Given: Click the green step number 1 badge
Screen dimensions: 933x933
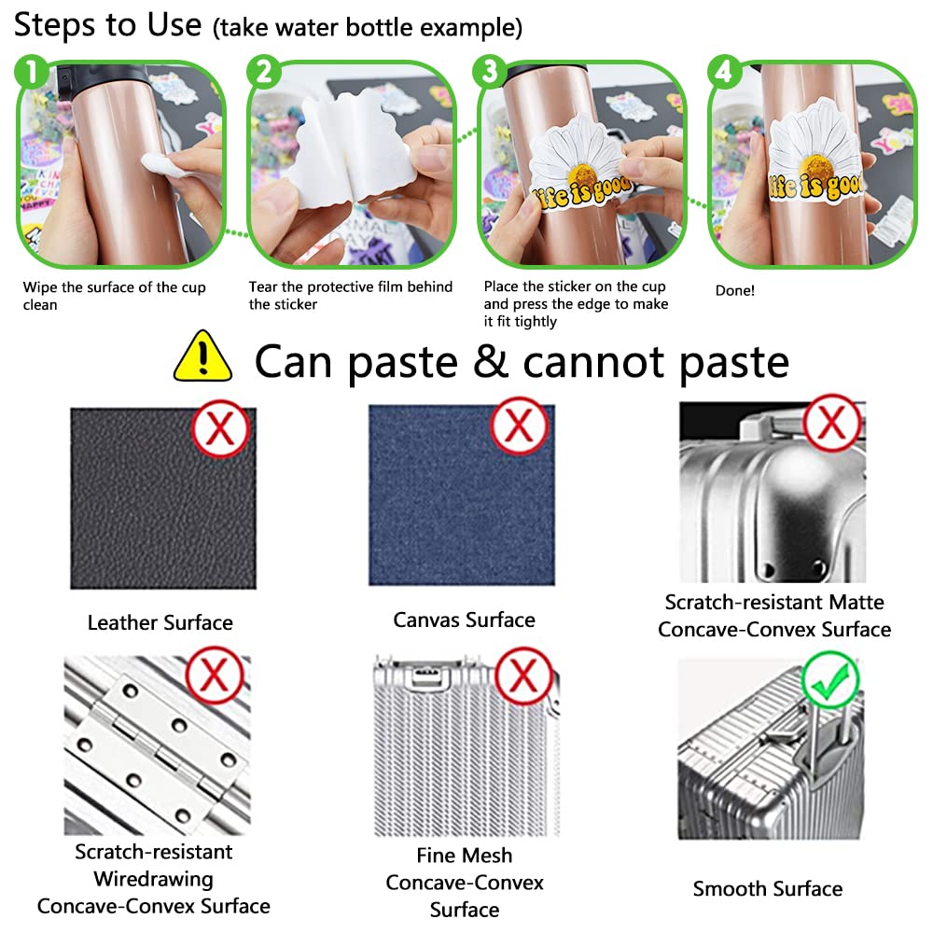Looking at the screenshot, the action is pyautogui.click(x=32, y=72).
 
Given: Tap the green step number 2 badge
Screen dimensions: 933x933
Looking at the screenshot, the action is pyautogui.click(x=264, y=72).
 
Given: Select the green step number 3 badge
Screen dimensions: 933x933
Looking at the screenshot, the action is pyautogui.click(x=490, y=72).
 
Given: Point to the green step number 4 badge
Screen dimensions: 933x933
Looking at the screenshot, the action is pyautogui.click(x=725, y=72).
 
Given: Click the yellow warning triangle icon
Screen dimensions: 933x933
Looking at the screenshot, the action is pyautogui.click(x=202, y=357).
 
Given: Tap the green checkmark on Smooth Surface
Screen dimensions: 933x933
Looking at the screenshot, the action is pyautogui.click(x=830, y=679).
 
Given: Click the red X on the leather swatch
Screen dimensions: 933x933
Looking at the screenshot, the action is pyautogui.click(x=221, y=428).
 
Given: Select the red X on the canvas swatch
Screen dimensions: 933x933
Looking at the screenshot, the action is pyautogui.click(x=519, y=426).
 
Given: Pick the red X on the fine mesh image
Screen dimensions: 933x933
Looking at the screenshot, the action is pyautogui.click(x=523, y=675).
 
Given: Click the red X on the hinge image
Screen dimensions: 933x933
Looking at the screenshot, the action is pyautogui.click(x=215, y=675).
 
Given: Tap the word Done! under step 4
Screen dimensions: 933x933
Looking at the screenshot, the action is pyautogui.click(x=735, y=290).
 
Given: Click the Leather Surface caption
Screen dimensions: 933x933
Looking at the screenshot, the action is pyautogui.click(x=160, y=622).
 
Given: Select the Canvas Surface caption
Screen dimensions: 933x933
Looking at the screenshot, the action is pyautogui.click(x=464, y=620).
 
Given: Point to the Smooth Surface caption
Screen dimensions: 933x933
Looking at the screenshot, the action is pyautogui.click(x=768, y=888).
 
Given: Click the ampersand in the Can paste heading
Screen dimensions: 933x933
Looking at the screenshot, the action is pyautogui.click(x=491, y=360).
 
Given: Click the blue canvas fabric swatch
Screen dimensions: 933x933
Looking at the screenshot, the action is pyautogui.click(x=462, y=495).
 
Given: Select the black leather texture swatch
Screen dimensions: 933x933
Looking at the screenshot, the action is pyautogui.click(x=163, y=498).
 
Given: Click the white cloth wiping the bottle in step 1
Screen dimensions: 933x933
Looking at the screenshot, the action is pyautogui.click(x=161, y=164).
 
